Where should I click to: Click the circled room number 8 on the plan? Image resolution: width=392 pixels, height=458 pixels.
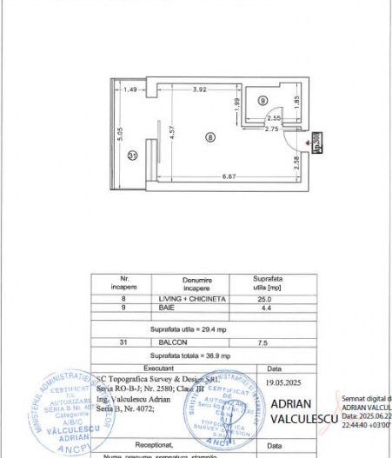pyautogui.click(x=209, y=136)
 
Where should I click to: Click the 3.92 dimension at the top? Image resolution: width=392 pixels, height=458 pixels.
pyautogui.click(x=199, y=90)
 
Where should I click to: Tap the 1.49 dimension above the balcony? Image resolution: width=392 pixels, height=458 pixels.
pyautogui.click(x=130, y=90)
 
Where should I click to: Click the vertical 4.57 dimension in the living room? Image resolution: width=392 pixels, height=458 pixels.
pyautogui.click(x=172, y=133)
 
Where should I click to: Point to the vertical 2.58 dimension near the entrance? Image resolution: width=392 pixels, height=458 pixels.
pyautogui.click(x=296, y=161)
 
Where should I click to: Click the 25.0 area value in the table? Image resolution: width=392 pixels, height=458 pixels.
pyautogui.click(x=261, y=298)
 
